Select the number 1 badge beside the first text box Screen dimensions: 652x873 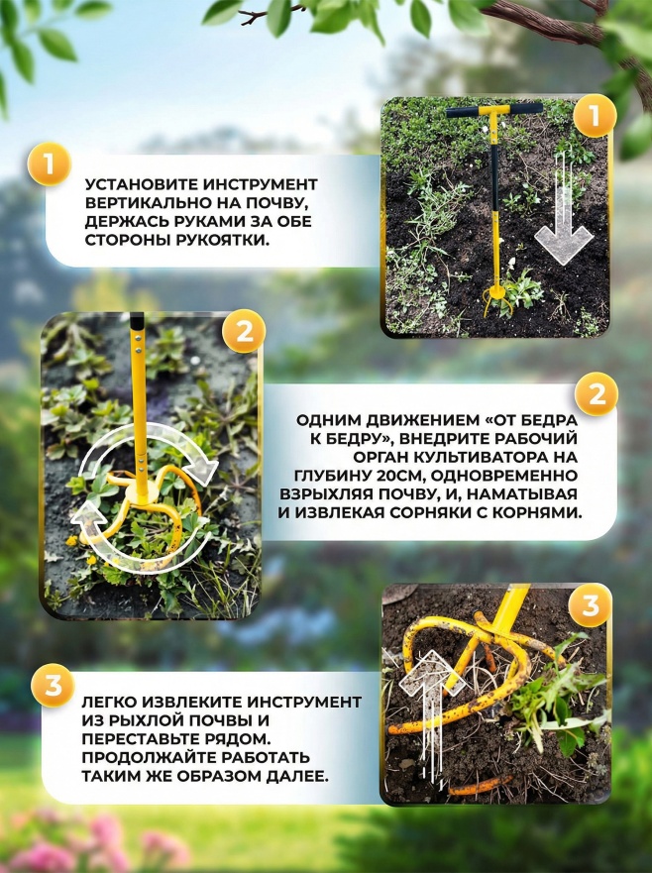tap(49, 164)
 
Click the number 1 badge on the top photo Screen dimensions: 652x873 tap(595, 115)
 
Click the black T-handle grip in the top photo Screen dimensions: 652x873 tap(494, 110)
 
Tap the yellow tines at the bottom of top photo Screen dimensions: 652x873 tap(494, 298)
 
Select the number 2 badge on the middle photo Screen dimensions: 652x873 tap(244, 332)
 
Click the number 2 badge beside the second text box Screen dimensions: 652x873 tap(597, 394)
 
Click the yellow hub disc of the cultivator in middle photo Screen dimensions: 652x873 tap(139, 494)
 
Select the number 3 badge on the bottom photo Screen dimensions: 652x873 tap(591, 605)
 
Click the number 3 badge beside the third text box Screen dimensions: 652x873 tap(53, 686)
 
